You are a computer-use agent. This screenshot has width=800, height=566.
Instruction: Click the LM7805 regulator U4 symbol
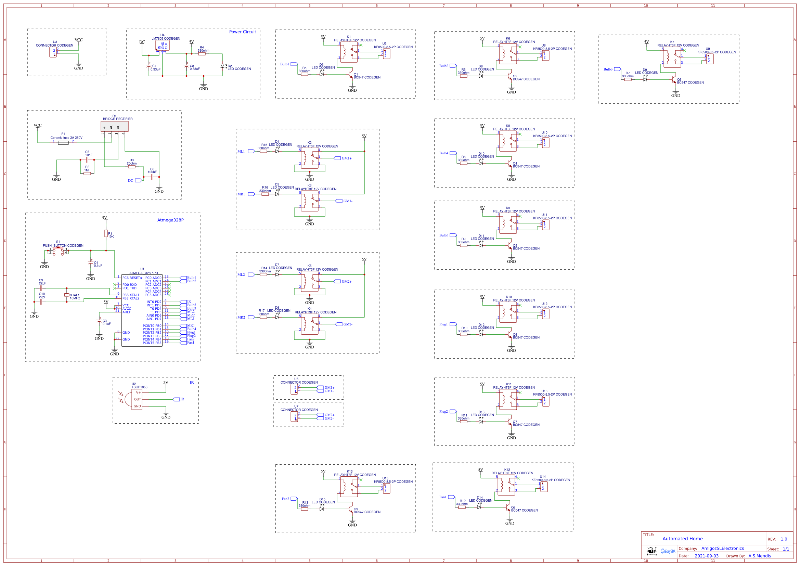click(x=163, y=46)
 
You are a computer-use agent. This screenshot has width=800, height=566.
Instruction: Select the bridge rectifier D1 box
click(x=115, y=126)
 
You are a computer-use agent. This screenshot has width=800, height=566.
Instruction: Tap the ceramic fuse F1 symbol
click(x=63, y=143)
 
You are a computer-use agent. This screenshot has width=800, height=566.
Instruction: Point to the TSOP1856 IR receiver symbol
click(x=136, y=399)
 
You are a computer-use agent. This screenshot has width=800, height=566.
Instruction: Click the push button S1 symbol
click(x=58, y=251)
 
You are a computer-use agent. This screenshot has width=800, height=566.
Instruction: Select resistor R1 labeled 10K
click(x=106, y=233)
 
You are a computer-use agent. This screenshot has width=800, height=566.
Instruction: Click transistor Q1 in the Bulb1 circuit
click(x=351, y=75)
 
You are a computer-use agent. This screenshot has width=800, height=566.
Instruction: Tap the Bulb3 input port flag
click(x=617, y=69)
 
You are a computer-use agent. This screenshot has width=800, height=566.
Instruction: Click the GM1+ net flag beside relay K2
click(x=337, y=158)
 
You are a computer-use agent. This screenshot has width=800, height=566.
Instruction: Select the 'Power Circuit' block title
click(x=243, y=32)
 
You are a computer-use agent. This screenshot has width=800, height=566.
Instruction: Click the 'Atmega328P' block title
click(x=170, y=220)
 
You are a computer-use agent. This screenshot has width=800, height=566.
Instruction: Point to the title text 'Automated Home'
click(x=682, y=539)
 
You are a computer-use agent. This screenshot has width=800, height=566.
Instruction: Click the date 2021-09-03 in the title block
click(x=706, y=556)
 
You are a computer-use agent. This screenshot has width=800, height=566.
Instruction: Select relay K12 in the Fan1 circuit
click(x=506, y=485)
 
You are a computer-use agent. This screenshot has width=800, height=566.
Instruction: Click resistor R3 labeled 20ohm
click(x=132, y=167)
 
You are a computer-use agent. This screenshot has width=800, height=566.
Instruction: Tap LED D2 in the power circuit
click(x=222, y=66)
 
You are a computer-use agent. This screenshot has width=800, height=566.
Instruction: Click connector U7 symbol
click(x=294, y=416)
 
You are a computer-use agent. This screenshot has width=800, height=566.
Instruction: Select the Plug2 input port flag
click(x=453, y=412)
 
